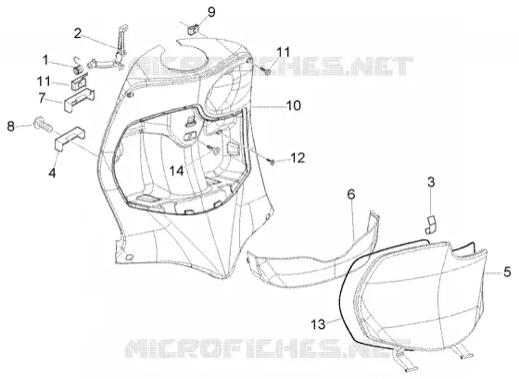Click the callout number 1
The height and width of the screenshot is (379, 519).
pos(45,60)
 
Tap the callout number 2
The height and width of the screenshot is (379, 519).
pos(78,33)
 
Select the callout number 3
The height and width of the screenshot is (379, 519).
pos(431,182)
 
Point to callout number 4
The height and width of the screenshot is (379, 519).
pos(52,172)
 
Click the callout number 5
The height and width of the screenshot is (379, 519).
pos(507,272)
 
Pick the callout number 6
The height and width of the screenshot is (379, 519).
pos(351,194)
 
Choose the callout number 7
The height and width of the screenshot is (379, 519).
pos(42,97)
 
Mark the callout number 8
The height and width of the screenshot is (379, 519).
pos(11,126)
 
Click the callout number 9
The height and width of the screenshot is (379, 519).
pos(211,12)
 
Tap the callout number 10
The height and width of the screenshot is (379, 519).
pos(293,106)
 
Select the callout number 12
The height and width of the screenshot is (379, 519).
pos(297,158)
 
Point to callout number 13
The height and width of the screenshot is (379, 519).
pos(319,324)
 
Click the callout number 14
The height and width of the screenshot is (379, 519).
pos(176,171)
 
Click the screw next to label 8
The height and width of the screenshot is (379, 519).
pos(43,124)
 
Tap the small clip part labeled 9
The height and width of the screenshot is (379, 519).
pos(193,29)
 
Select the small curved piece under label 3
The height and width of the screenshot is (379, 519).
pos(431,224)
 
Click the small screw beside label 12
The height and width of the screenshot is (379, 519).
pos(272,162)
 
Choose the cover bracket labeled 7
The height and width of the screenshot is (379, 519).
pos(79,100)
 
